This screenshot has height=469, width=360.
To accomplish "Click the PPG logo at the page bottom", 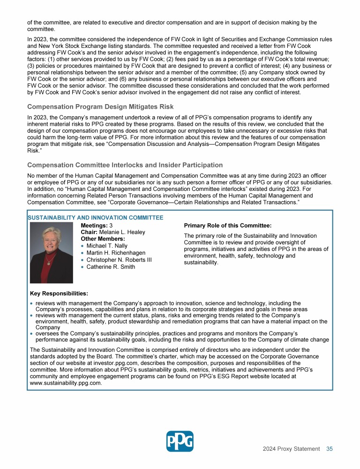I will pyautogui.click(x=180, y=441).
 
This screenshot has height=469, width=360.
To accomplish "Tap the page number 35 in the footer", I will pyautogui.click(x=330, y=449).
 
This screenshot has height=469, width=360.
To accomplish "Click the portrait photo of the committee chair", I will pyautogui.click(x=51, y=253).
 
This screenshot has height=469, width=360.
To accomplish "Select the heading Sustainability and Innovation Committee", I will pyautogui.click(x=95, y=218).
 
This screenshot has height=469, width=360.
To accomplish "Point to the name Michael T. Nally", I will pyautogui.click(x=107, y=246).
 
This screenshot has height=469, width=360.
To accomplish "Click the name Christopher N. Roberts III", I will pyautogui.click(x=119, y=260).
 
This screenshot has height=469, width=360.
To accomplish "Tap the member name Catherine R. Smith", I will pyautogui.click(x=111, y=267).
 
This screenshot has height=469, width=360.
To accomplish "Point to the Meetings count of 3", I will pyautogui.click(x=111, y=225).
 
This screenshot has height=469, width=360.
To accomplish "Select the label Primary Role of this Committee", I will pyautogui.click(x=228, y=226).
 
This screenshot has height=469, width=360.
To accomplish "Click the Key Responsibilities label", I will pyautogui.click(x=59, y=294).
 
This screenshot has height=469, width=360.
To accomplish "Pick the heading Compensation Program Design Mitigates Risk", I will pyautogui.click(x=100, y=107).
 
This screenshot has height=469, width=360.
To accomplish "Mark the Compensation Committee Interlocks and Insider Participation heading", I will pyautogui.click(x=125, y=165).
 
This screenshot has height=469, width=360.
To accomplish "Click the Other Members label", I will pyautogui.click(x=103, y=239).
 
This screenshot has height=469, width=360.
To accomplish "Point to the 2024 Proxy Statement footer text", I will pyautogui.click(x=291, y=449).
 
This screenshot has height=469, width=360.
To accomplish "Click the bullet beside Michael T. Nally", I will pyautogui.click(x=82, y=246).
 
